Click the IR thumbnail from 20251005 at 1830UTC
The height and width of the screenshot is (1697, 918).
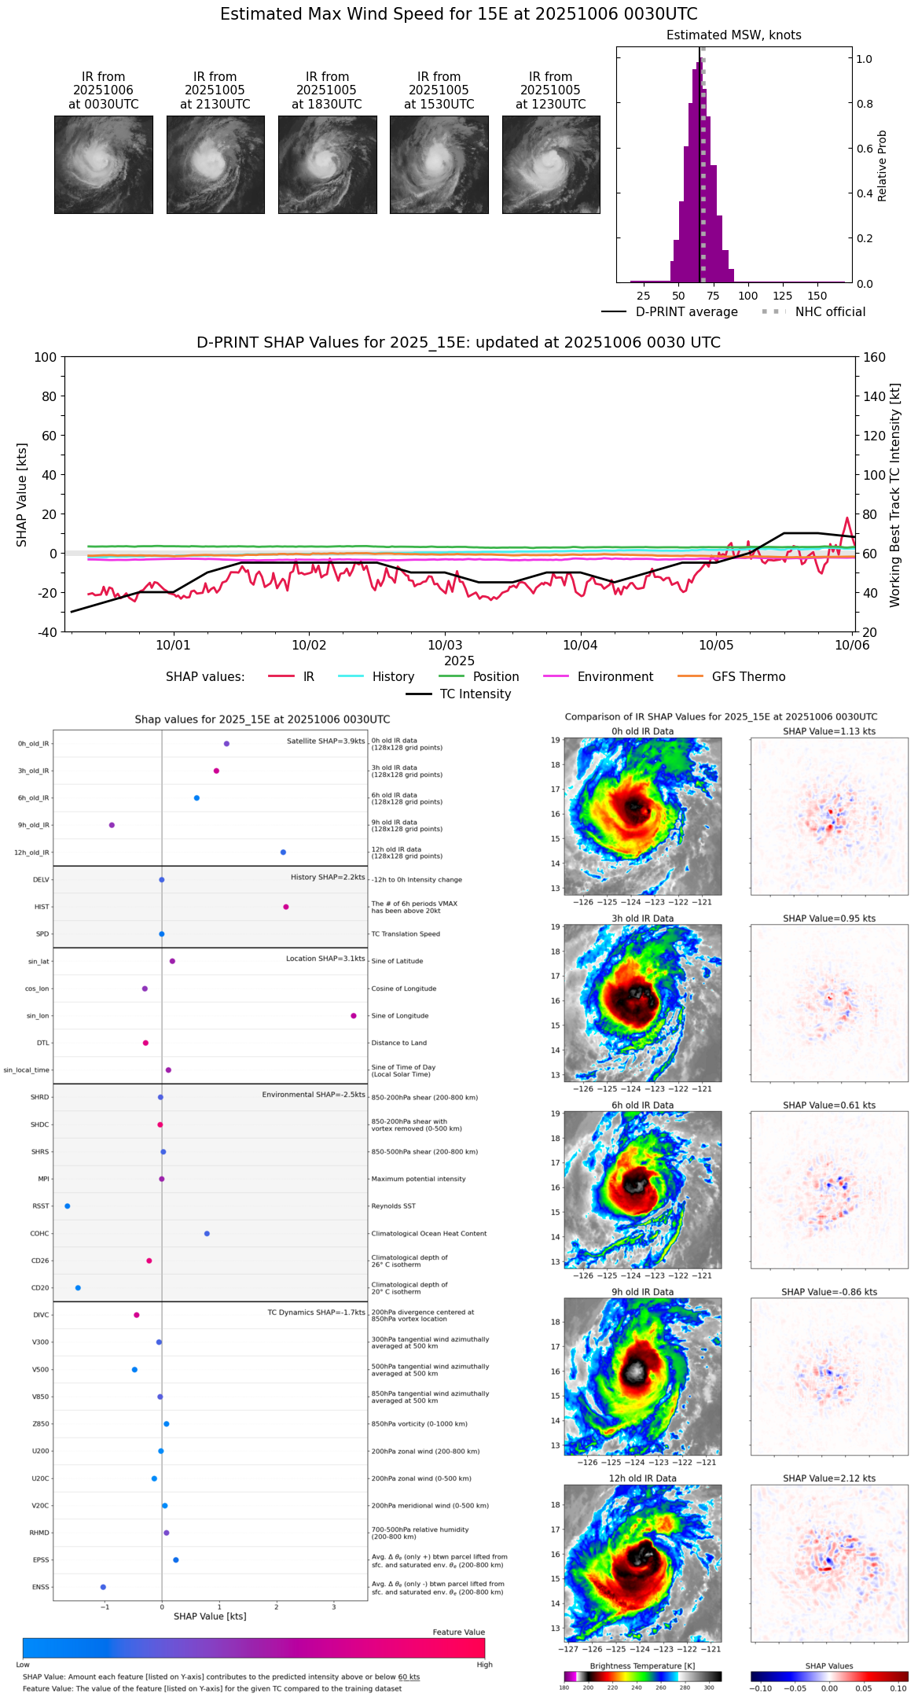(x=327, y=164)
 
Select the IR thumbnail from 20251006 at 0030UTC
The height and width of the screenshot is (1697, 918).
(x=104, y=164)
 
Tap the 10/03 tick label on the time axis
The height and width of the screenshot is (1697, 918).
(x=444, y=646)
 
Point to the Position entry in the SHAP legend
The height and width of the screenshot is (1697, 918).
(x=495, y=677)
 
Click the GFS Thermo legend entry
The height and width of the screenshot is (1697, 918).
(x=747, y=677)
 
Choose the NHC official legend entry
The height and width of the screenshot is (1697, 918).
(x=829, y=312)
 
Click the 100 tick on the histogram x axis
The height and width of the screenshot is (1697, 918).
(x=748, y=296)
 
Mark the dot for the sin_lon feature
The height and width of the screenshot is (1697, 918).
(x=354, y=1016)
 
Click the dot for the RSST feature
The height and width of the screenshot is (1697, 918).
(x=68, y=1206)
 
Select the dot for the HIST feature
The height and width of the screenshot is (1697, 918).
(x=286, y=907)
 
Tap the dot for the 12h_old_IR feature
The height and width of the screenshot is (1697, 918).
(x=283, y=852)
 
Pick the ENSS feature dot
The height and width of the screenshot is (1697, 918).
(x=103, y=1587)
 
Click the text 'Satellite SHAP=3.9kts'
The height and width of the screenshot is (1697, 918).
(x=325, y=742)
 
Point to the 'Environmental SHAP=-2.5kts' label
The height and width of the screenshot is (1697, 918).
(x=314, y=1095)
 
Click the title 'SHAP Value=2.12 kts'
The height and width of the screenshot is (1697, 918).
(x=829, y=1478)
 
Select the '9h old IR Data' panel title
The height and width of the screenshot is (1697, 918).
(x=642, y=1292)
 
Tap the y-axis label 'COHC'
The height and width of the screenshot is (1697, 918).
(x=39, y=1234)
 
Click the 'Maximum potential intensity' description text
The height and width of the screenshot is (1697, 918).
(x=418, y=1180)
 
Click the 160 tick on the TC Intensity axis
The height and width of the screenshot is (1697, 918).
(x=875, y=358)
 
